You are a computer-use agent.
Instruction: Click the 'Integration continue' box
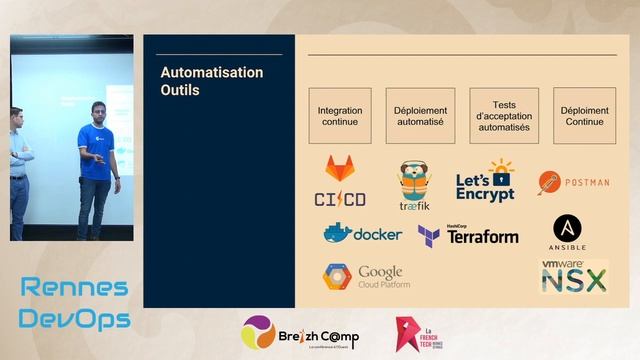(340, 116)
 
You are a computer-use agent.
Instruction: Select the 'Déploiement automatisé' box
(419, 116)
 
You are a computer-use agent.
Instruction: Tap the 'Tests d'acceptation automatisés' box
(504, 116)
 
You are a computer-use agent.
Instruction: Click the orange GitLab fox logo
(341, 168)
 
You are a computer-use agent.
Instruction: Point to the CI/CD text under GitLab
(340, 198)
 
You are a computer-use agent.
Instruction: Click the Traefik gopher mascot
(414, 182)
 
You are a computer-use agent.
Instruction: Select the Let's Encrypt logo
(486, 182)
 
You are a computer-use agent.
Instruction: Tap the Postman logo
(573, 183)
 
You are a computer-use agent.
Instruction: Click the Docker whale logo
(362, 233)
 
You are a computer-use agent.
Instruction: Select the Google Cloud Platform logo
(366, 277)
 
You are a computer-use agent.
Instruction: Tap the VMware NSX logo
(574, 276)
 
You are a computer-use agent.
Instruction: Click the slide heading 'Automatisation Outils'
(212, 81)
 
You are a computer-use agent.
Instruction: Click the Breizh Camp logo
(300, 334)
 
